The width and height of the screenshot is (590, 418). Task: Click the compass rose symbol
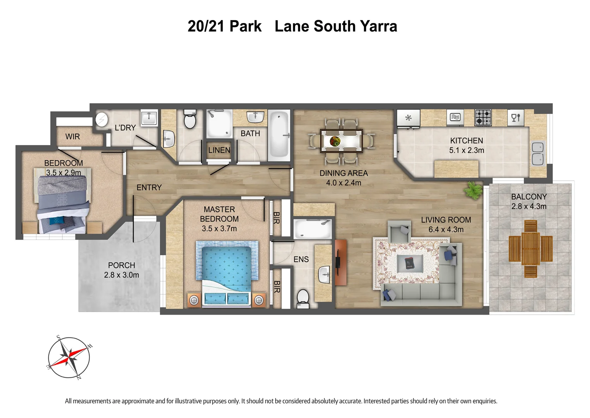tap(69, 357)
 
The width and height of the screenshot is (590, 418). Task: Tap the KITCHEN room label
tap(466, 141)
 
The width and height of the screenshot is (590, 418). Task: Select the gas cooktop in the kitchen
tap(483, 117)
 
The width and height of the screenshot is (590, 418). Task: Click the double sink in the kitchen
tap(537, 153)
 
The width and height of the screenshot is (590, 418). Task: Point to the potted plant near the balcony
tap(473, 190)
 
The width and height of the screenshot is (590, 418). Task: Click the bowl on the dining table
tap(335, 141)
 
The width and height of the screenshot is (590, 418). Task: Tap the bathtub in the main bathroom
tap(279, 135)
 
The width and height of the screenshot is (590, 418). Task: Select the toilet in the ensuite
tap(303, 299)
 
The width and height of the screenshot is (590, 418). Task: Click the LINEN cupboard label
tap(219, 150)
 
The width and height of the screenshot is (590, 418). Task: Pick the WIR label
tap(72, 137)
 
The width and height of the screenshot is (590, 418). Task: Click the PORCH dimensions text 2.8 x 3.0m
tap(121, 275)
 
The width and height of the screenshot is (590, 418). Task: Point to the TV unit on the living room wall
tap(340, 262)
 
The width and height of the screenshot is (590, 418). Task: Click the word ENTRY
tap(149, 187)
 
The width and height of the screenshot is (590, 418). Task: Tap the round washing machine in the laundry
tap(101, 120)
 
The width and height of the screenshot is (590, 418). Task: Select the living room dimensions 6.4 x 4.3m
tap(446, 230)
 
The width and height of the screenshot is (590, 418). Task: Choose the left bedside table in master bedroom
tap(194, 300)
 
